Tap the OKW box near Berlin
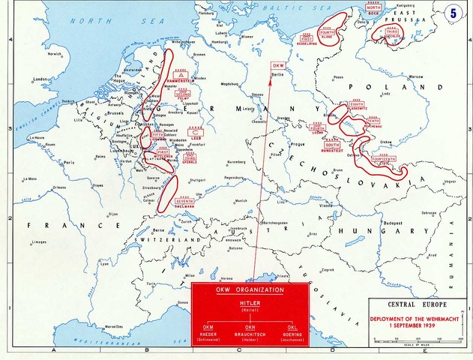278,66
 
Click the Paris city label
70,162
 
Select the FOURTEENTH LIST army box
383,160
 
